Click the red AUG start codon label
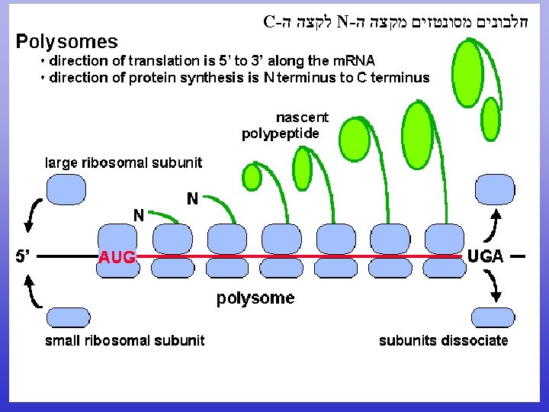(x=117, y=258)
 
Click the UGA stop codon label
(x=485, y=257)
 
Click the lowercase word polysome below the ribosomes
(x=255, y=298)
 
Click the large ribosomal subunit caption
(x=124, y=162)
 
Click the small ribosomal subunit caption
(x=124, y=340)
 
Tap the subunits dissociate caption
(x=443, y=340)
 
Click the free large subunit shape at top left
(x=67, y=188)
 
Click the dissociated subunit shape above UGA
(x=494, y=188)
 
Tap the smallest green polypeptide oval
(x=252, y=176)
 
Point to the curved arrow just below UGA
(x=494, y=286)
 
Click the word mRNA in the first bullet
(x=354, y=61)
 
